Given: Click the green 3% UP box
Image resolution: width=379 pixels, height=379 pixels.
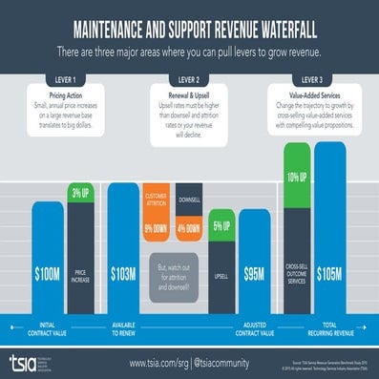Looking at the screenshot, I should [79, 194].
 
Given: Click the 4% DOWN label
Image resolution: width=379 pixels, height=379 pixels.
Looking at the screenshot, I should [189, 229].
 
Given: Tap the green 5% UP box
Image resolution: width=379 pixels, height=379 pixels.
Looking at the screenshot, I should [221, 226].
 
